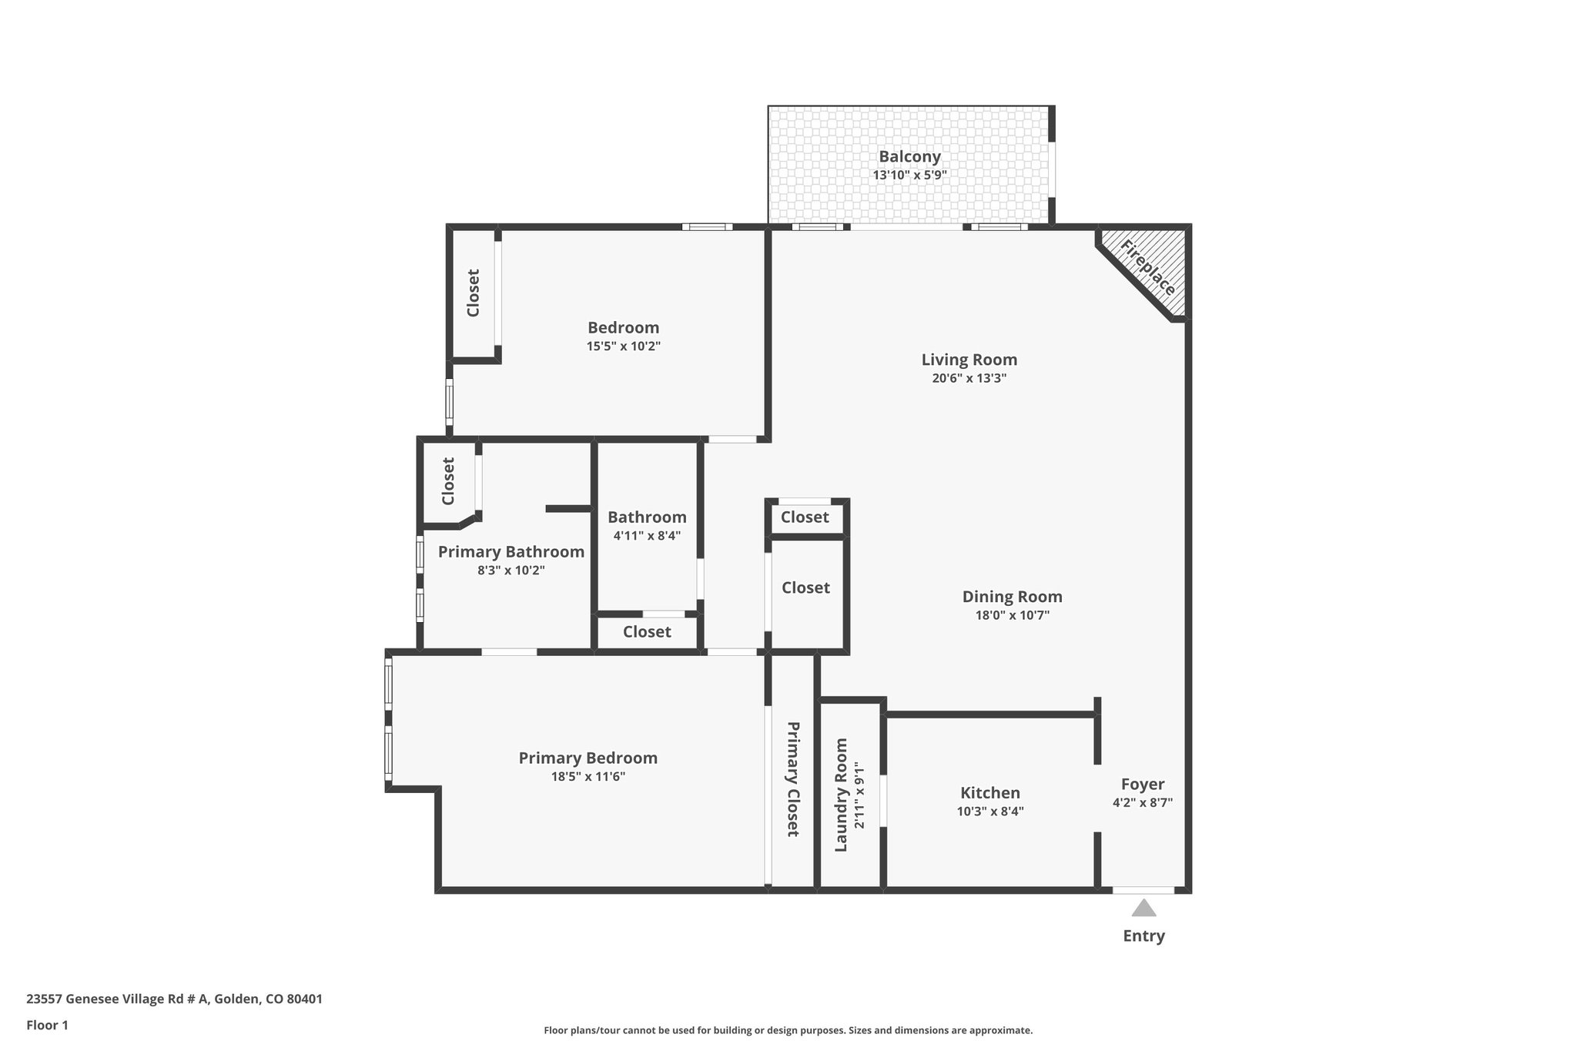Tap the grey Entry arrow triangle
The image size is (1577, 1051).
point(1143,909)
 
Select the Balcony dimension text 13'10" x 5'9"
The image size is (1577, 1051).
point(909,175)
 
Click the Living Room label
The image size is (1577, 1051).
point(969,360)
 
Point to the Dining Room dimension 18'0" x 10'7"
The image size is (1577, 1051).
point(1012,615)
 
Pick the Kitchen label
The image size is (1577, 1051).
point(989,793)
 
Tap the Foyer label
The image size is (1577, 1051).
point(1142,784)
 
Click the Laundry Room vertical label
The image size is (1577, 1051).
point(841,795)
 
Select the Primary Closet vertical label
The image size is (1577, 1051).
point(792,779)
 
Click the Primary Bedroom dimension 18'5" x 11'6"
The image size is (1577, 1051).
point(588,777)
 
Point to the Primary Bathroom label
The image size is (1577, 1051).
point(511,552)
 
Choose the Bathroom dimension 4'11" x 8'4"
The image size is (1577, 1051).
point(647,536)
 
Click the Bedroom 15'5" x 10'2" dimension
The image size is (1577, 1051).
point(623,346)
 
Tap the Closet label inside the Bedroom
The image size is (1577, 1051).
point(473,293)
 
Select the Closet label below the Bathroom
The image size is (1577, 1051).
point(647,632)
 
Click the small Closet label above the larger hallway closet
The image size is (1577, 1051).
point(805,517)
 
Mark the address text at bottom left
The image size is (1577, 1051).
point(174,999)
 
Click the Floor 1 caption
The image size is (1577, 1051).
point(47,1025)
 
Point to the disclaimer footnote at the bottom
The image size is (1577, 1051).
point(788,1030)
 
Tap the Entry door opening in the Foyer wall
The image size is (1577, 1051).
point(1143,890)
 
